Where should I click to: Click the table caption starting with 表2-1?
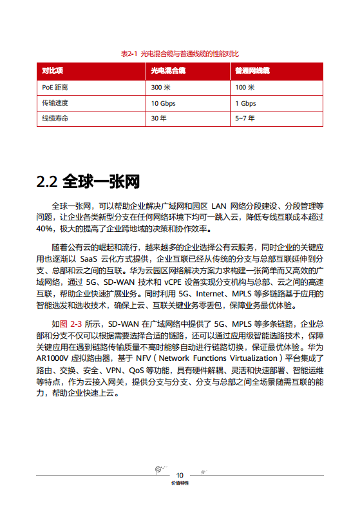[180, 53]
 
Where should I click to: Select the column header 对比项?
[52, 70]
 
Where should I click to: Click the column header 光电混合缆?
[168, 70]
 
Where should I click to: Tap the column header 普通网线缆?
[252, 70]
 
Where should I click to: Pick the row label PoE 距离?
[55, 87]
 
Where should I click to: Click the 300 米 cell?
[160, 87]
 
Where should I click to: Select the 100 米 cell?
[245, 87]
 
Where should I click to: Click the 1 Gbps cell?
[245, 103]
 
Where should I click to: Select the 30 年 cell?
[158, 119]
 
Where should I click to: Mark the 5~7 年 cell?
[245, 119]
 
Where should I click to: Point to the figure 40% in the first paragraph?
[45, 229]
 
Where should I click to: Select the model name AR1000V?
[55, 357]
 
